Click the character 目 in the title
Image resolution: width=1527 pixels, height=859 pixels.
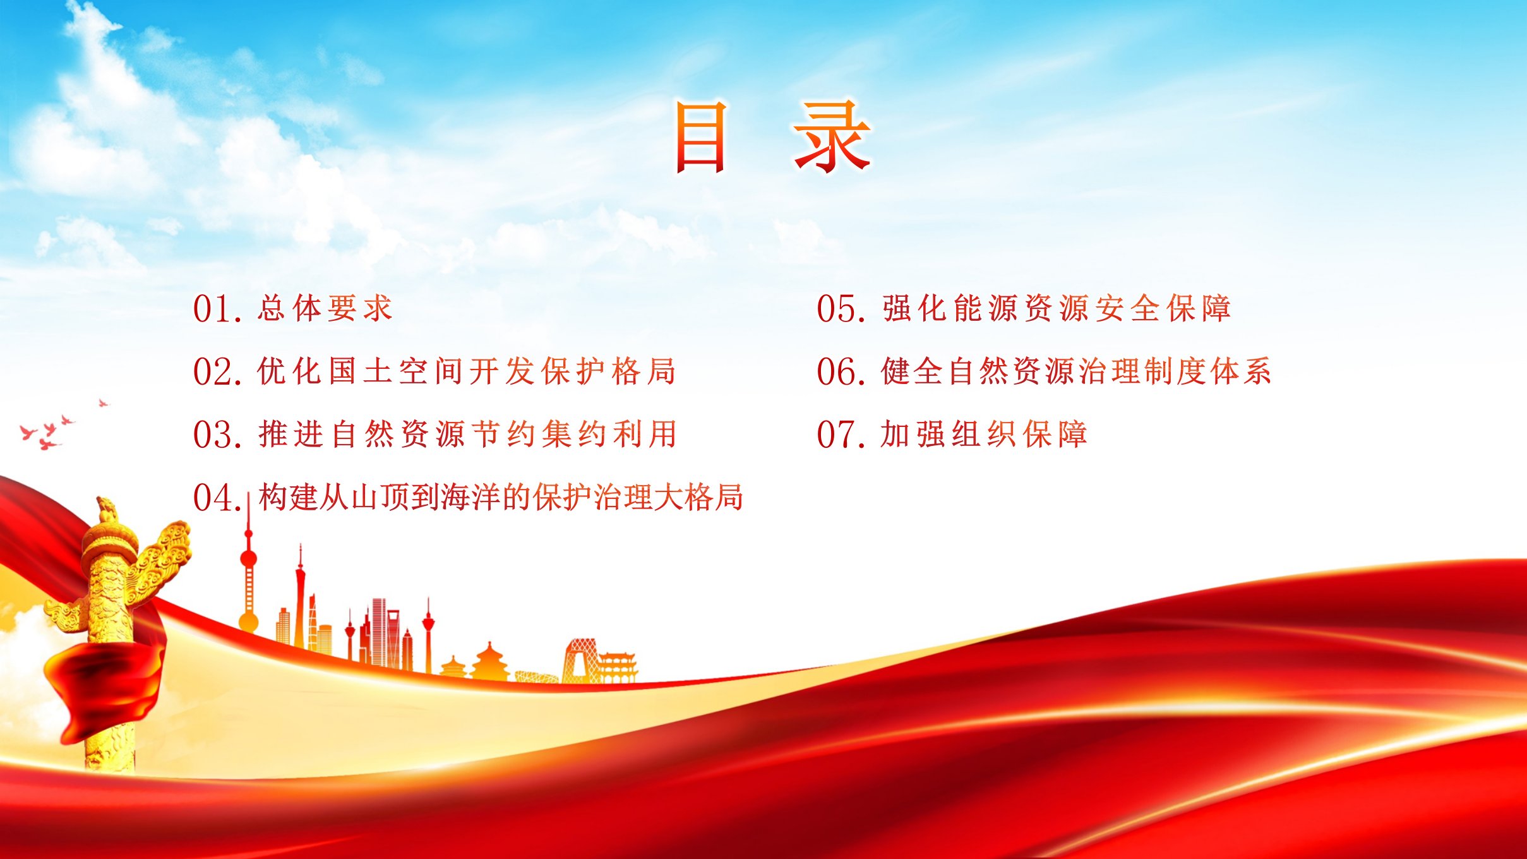[700, 137]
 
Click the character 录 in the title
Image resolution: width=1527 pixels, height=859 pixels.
[832, 137]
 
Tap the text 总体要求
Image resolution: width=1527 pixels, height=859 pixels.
[325, 308]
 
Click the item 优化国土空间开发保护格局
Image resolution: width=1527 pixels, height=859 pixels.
[467, 371]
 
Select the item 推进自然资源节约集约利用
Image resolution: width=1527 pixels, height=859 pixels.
[467, 434]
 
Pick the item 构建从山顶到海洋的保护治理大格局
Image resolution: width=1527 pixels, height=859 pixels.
[501, 497]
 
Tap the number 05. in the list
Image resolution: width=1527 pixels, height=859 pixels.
[841, 309]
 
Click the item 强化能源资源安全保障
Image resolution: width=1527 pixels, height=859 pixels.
[1057, 308]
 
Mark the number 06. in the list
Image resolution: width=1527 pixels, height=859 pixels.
[841, 371]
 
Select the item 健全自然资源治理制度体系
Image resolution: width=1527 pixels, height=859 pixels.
[1076, 371]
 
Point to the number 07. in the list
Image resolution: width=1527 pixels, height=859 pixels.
[841, 435]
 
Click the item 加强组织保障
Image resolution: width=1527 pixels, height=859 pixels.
[984, 434]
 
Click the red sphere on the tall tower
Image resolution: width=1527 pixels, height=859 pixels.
[249, 558]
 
